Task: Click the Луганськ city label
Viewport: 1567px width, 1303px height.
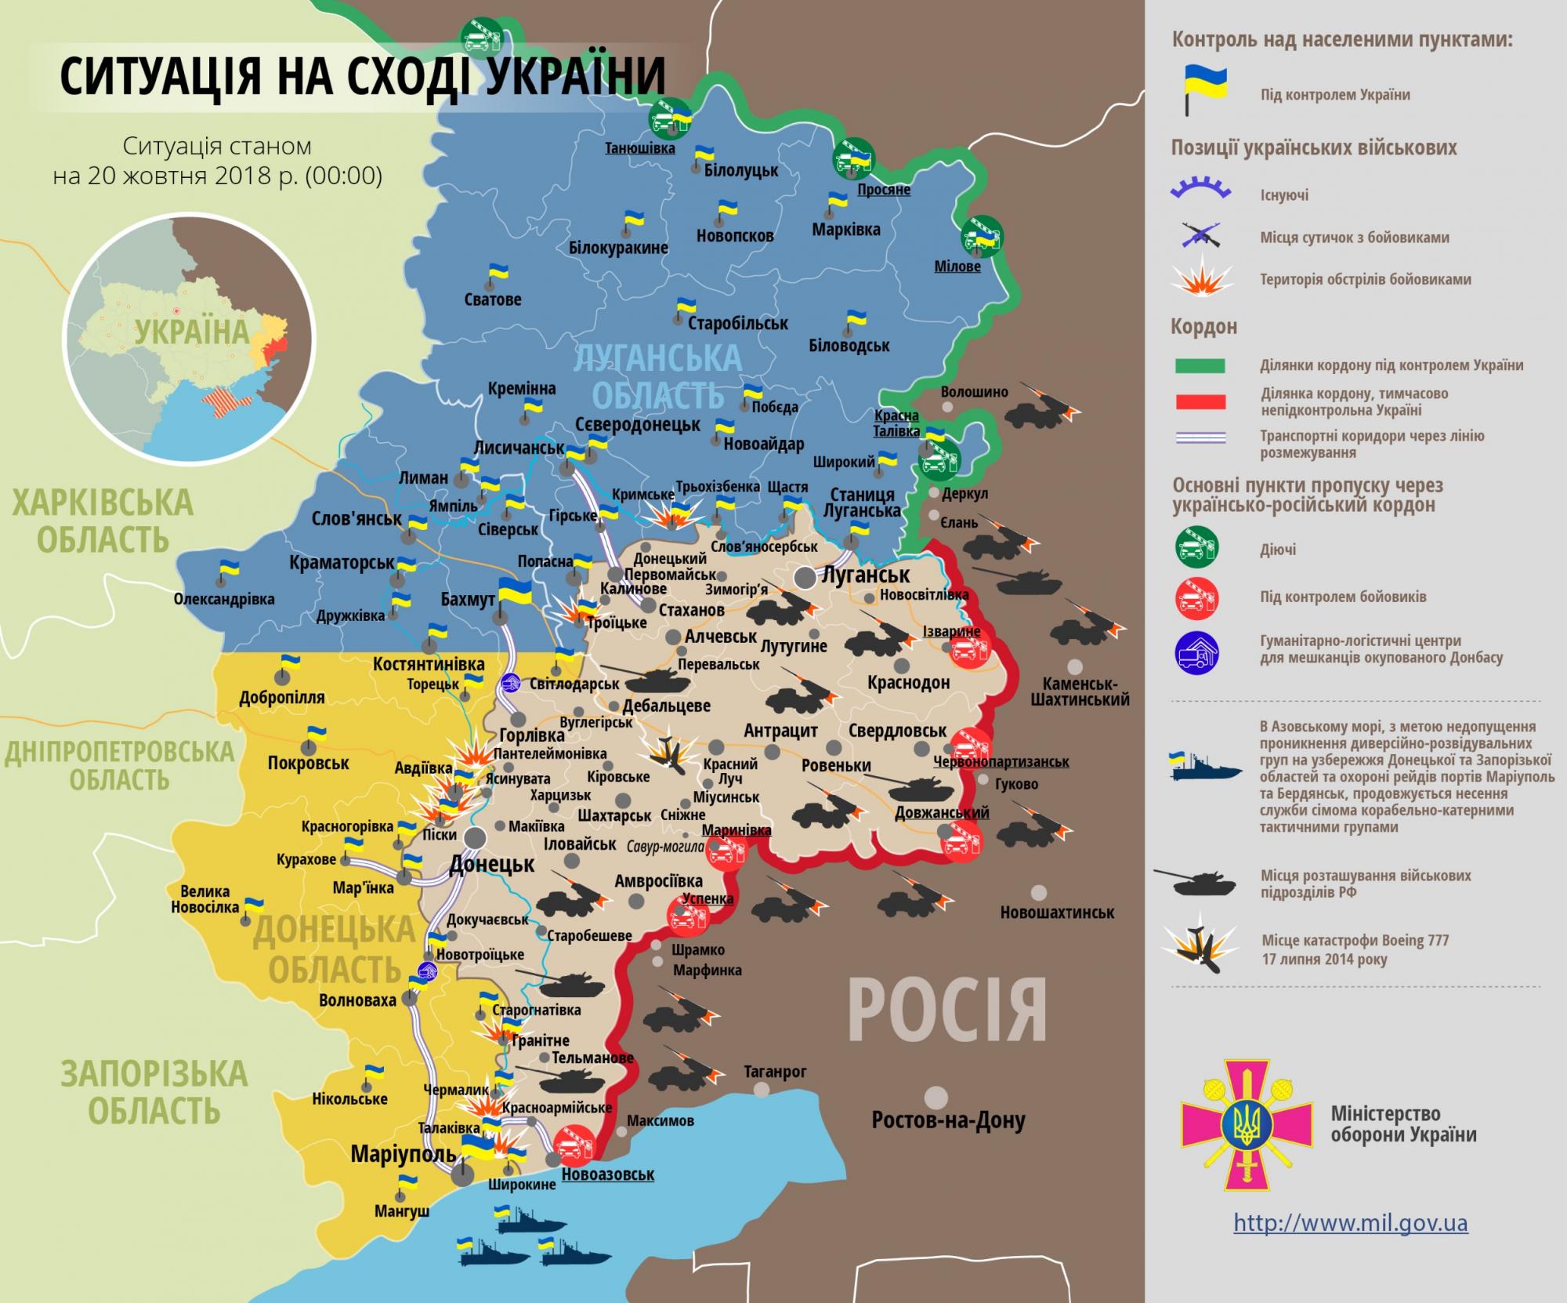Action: click(x=866, y=575)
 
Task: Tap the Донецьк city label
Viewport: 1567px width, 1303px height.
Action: click(x=491, y=865)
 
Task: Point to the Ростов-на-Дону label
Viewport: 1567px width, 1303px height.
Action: click(x=948, y=1120)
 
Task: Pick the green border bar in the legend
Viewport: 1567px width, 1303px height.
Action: click(x=1200, y=365)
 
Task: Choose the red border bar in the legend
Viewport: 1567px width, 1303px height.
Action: click(x=1200, y=402)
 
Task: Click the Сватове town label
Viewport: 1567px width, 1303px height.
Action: click(x=492, y=299)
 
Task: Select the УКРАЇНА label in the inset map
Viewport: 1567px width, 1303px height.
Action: click(x=191, y=332)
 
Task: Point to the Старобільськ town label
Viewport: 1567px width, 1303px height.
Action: click(x=737, y=322)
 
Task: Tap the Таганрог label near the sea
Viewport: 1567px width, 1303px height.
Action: click(x=775, y=1071)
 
